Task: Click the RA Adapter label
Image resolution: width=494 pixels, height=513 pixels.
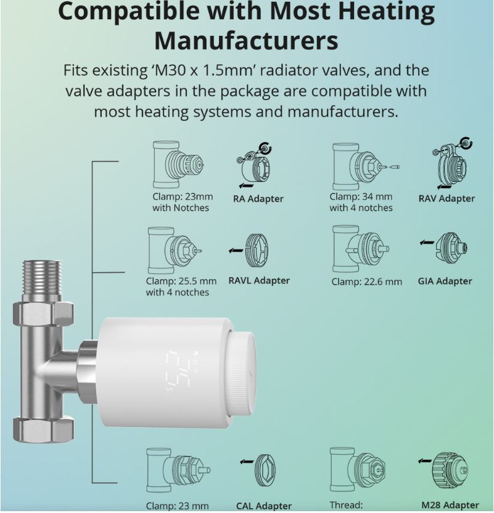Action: [258, 199]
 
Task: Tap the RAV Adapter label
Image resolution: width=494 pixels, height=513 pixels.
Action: [447, 198]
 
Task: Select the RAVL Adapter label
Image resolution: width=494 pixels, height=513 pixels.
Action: [258, 280]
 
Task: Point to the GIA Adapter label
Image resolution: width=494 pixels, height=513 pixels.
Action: [445, 281]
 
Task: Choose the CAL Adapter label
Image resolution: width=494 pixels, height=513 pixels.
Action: [264, 506]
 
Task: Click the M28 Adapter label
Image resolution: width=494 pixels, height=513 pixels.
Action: [450, 505]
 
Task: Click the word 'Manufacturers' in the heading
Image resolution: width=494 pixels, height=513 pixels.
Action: [246, 41]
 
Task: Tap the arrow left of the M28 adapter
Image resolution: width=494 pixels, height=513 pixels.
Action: [424, 461]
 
